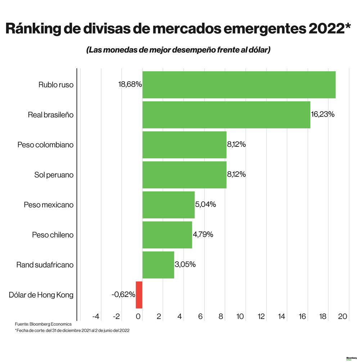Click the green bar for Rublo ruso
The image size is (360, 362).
click(239, 85)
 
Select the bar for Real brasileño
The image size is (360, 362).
click(226, 115)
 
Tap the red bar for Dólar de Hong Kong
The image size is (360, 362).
click(139, 295)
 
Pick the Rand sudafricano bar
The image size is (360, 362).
click(158, 265)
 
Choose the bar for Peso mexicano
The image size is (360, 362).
click(168, 205)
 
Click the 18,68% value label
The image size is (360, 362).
click(130, 85)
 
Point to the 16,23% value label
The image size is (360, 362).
click(323, 114)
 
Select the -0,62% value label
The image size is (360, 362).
click(123, 295)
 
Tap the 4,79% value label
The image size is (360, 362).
click(203, 235)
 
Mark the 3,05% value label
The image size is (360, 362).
click(185, 264)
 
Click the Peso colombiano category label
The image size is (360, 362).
click(45, 145)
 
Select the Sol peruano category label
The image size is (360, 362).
click(54, 175)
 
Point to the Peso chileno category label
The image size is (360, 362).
click(53, 235)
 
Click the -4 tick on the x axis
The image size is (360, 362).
click(96, 317)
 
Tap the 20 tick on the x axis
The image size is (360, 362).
click(342, 317)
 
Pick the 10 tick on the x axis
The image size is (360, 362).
click(240, 317)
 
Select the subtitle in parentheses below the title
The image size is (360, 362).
click(178, 50)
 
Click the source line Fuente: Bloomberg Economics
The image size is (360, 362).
click(43, 324)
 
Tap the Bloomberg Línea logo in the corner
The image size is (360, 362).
click(351, 359)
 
